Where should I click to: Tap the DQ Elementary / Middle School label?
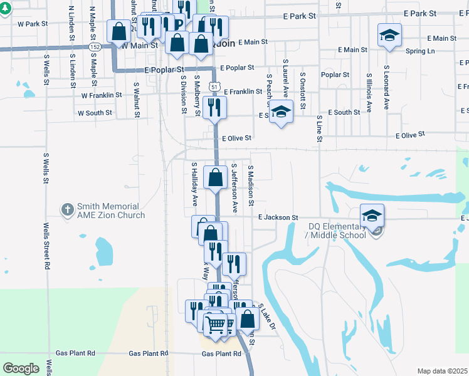[x=337, y=231]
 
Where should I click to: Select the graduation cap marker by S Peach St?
[x=282, y=112]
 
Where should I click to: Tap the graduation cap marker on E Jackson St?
[x=372, y=216]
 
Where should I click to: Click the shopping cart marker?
[x=215, y=324]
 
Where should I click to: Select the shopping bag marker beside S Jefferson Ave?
[x=215, y=176]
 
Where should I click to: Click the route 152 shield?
[x=95, y=46]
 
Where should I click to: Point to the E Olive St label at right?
[x=410, y=135]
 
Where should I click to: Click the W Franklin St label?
[x=101, y=95]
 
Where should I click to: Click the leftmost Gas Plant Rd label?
[x=76, y=353]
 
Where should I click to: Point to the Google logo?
[x=21, y=368]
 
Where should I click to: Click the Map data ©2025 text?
[x=442, y=371]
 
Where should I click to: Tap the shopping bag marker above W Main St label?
[x=118, y=31]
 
